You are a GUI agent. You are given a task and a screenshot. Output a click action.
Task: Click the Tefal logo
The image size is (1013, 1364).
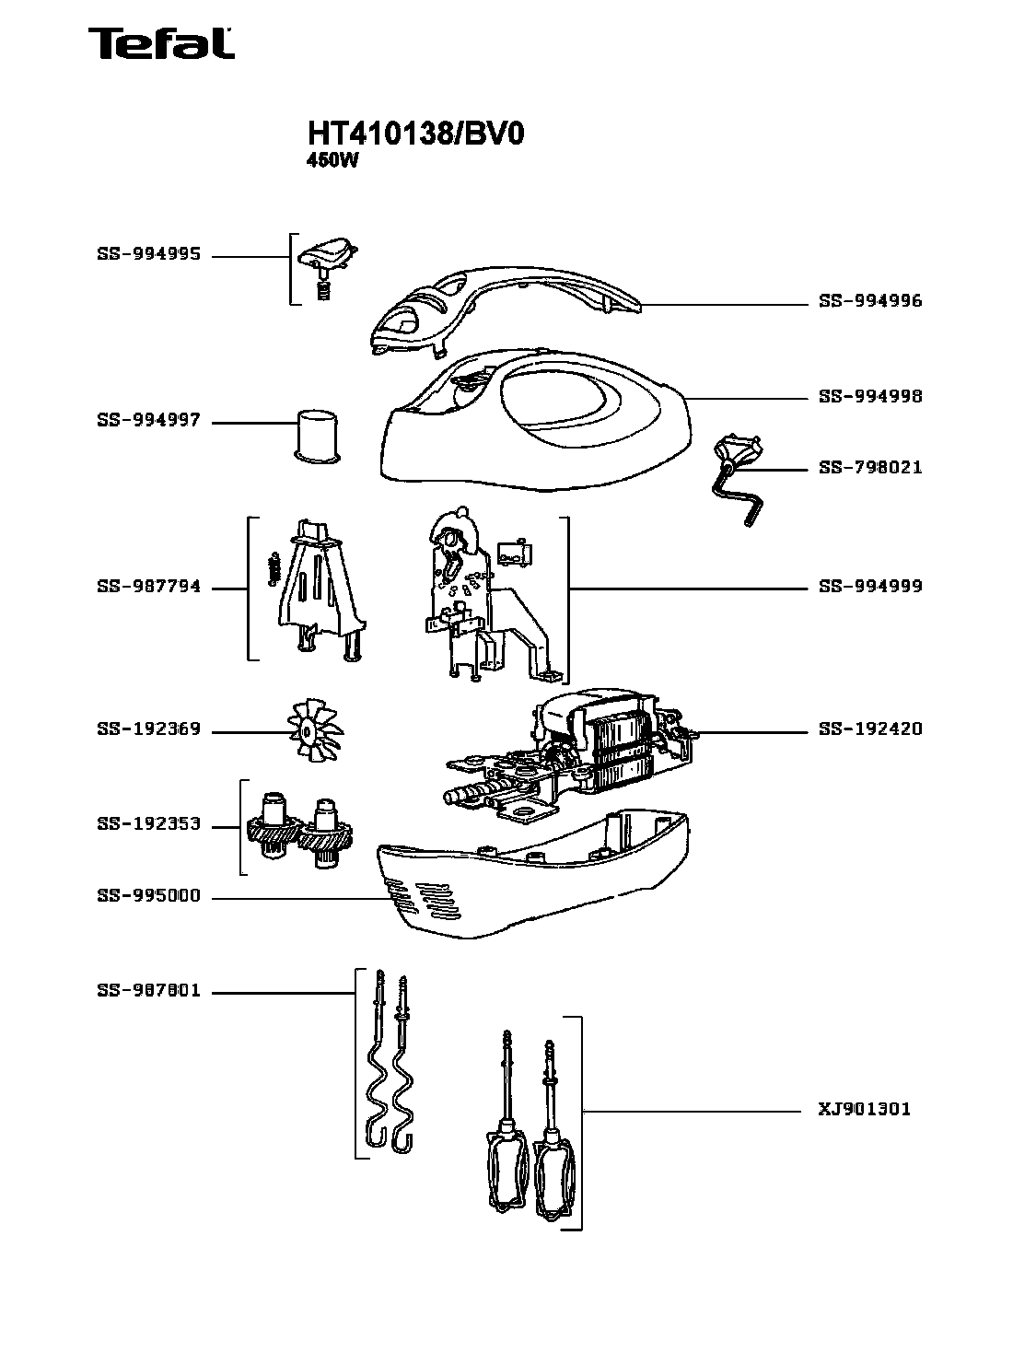click(161, 43)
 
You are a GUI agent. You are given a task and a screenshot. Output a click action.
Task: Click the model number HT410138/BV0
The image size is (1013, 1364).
click(415, 134)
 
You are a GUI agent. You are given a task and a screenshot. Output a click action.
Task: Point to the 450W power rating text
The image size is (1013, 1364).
click(331, 158)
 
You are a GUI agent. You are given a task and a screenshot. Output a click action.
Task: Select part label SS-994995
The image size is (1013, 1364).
click(148, 255)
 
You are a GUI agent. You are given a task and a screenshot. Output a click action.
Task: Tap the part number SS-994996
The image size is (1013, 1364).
click(870, 301)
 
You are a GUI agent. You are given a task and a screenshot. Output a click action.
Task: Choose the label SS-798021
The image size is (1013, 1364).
click(870, 468)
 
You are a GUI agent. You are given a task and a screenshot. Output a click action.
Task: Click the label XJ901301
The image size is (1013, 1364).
click(865, 1110)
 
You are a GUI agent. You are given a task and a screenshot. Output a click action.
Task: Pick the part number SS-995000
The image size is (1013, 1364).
click(148, 897)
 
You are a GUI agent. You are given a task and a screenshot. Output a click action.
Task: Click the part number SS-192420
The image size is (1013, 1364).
click(870, 729)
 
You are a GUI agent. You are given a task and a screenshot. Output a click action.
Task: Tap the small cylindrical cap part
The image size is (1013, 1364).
click(316, 434)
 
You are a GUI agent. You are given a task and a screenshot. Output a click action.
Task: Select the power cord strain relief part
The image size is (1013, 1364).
click(738, 480)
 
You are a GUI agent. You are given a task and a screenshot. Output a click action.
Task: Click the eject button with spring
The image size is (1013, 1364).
click(327, 262)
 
